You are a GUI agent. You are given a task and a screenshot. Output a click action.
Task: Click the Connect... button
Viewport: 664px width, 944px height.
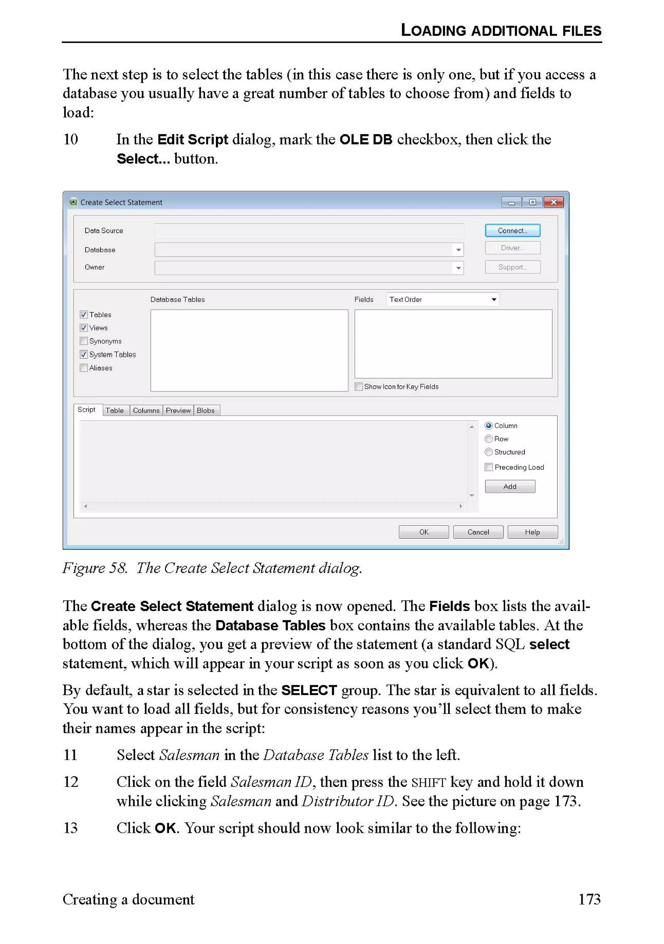[512, 231]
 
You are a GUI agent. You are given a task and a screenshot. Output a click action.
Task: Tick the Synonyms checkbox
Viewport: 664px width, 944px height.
[84, 341]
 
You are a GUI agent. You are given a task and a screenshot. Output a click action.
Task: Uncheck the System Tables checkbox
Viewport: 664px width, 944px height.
[84, 354]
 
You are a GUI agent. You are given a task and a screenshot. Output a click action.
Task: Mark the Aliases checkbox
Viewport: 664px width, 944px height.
[84, 368]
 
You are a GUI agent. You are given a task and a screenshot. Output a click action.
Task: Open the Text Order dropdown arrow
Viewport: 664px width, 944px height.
[494, 299]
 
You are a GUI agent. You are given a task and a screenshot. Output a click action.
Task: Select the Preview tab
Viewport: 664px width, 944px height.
[178, 410]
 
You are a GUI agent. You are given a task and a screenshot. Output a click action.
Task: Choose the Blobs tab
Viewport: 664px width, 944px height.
[206, 410]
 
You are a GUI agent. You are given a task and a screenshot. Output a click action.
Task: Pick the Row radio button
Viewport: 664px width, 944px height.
[489, 439]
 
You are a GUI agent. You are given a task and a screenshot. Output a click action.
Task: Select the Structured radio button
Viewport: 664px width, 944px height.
[489, 452]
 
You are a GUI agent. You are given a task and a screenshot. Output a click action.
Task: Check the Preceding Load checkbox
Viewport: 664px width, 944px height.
[489, 467]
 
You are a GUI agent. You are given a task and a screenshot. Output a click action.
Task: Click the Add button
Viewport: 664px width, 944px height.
[510, 486]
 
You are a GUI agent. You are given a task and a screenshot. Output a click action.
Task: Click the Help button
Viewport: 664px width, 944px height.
[532, 532]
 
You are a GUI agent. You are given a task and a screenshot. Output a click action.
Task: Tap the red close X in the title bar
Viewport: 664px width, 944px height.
[553, 202]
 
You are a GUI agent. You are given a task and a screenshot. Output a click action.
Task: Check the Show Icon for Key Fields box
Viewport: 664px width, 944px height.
[359, 386]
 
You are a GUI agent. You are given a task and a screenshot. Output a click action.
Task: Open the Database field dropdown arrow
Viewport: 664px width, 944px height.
[458, 250]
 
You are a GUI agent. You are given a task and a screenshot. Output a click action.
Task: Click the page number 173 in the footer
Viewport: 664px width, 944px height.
[589, 900]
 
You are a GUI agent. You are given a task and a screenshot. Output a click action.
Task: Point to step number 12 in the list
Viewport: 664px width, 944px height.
[71, 782]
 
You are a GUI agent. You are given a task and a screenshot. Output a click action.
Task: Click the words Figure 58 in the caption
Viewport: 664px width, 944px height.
[95, 568]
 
